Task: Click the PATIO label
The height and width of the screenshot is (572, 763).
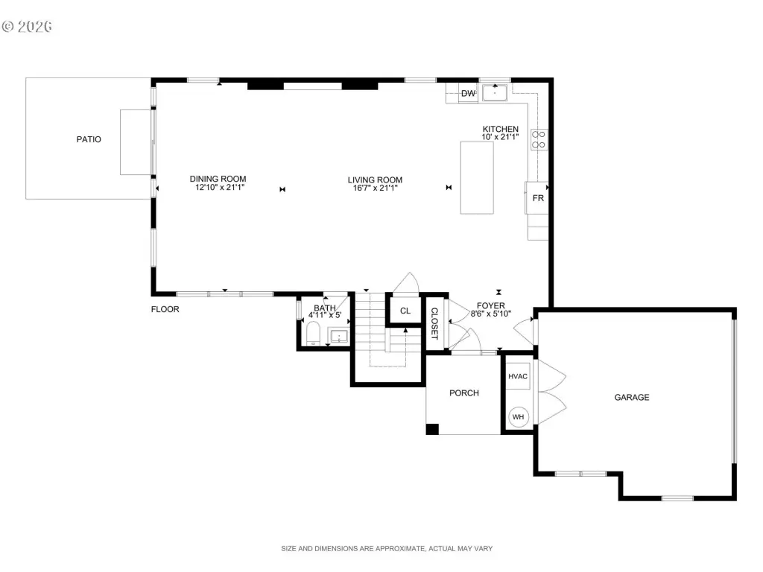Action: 89,139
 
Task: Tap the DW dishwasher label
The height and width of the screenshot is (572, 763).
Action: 468,93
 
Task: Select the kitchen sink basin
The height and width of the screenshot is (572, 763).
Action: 495,92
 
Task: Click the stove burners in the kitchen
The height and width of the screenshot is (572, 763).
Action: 538,139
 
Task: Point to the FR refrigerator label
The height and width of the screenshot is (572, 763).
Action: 538,198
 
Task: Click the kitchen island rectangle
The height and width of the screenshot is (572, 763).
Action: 477,177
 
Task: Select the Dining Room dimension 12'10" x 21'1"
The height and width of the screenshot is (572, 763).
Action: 220,187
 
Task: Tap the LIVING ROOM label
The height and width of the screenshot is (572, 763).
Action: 376,180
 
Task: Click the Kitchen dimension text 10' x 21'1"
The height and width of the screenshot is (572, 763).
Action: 500,137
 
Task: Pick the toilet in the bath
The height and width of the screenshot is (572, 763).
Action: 313,333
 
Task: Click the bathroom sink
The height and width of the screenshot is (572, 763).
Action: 338,336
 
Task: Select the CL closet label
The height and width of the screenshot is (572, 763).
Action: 405,311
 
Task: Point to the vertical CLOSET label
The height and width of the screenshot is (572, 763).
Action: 434,323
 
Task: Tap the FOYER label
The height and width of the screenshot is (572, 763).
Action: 490,306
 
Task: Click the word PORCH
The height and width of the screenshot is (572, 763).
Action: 463,393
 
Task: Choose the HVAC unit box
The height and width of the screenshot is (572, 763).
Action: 518,376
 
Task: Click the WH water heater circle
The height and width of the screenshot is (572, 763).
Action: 519,417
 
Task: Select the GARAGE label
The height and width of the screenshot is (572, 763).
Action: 632,398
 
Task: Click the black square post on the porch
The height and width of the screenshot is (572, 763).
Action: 432,429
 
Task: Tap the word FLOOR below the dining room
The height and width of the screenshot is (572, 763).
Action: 165,309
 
